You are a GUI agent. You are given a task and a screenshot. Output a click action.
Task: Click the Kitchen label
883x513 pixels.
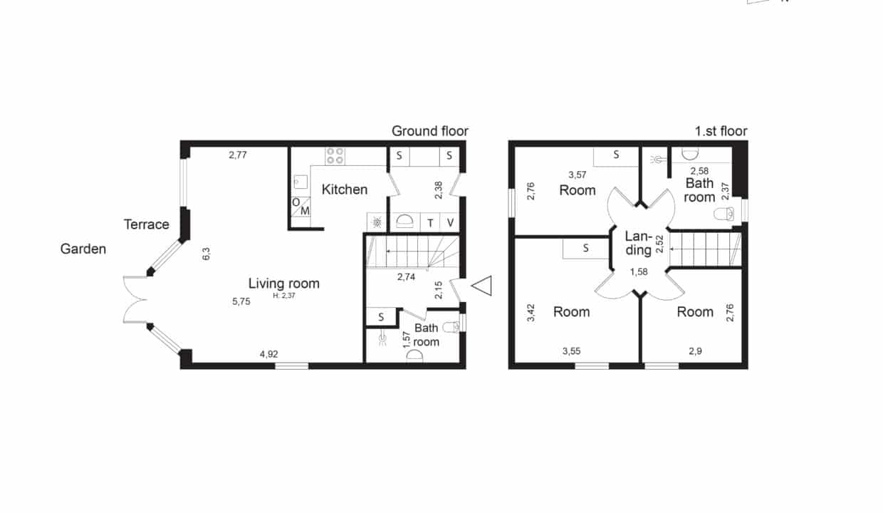pos(345,190)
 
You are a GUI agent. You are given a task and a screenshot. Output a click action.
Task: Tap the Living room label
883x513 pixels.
pos(284,284)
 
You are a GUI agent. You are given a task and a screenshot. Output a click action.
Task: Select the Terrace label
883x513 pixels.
pos(146,224)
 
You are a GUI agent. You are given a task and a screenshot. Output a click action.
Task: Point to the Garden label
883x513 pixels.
pos(83,249)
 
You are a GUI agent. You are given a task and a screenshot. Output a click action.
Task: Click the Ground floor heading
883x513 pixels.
pos(429,131)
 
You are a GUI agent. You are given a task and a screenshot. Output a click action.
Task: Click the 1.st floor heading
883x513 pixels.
pos(721,131)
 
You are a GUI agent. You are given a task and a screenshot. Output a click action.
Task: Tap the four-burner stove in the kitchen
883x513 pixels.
pos(335,156)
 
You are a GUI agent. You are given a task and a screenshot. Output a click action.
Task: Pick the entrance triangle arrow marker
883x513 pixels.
pos(481,286)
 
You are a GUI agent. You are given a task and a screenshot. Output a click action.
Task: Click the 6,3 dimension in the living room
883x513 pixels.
pos(207,254)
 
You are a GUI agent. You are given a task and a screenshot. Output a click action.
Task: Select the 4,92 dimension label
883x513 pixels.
pos(269,354)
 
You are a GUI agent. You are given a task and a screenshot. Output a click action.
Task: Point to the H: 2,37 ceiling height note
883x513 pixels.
pos(284,296)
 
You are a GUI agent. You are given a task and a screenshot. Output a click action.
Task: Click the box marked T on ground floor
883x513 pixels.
pos(430,223)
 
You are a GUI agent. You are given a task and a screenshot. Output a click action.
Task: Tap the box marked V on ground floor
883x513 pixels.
pos(450,223)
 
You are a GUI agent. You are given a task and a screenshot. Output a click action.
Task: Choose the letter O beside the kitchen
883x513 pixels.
pos(296,202)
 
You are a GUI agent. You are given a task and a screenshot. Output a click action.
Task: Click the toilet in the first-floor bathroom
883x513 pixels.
pos(724,214)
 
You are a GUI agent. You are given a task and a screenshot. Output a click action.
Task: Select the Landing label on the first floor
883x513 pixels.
pos(639,243)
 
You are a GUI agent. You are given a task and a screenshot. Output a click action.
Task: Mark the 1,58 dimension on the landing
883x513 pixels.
pos(639,271)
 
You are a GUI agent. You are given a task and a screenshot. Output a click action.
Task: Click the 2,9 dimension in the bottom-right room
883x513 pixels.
pos(695,351)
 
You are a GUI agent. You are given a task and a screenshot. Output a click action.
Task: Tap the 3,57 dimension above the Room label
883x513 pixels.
pos(578,175)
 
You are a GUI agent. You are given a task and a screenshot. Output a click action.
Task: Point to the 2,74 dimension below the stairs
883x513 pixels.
pos(406,277)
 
